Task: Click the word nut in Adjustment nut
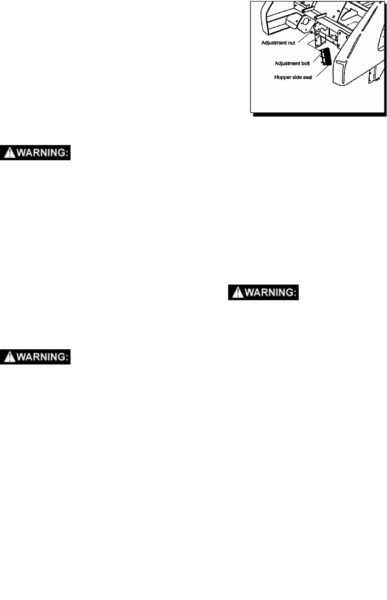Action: point(291,43)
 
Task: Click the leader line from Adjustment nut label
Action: point(304,38)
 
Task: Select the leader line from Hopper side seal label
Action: point(322,72)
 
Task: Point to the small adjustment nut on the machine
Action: point(311,32)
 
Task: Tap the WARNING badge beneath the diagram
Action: point(264,292)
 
